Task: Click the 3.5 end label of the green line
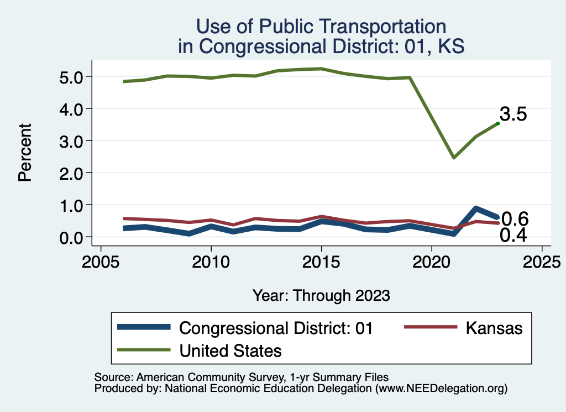513,114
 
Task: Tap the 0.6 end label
515,218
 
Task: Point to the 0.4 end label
513,236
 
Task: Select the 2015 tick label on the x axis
321,260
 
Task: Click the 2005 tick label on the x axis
101,260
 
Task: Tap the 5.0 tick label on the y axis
72,76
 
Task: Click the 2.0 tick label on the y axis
72,173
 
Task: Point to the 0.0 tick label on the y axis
72,237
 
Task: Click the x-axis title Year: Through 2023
321,295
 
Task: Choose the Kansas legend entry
494,327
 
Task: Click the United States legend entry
230,350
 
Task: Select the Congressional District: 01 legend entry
276,327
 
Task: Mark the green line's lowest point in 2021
454,158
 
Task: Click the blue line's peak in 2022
476,209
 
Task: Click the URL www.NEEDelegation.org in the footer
441,388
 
